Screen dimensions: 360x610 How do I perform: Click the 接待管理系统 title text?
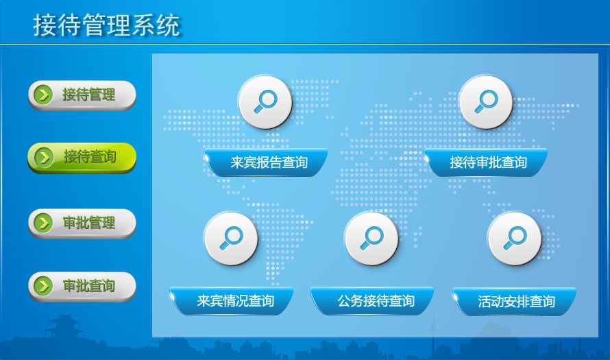pyautogui.click(x=106, y=25)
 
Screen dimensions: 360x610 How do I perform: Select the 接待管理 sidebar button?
pyautogui.click(x=82, y=95)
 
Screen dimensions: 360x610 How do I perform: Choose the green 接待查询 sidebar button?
pyautogui.click(x=82, y=158)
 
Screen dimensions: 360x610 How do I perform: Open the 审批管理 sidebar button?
pyautogui.click(x=82, y=224)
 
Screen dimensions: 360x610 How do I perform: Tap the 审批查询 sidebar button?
pyautogui.click(x=82, y=287)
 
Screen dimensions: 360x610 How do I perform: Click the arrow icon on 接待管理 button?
pyautogui.click(x=44, y=95)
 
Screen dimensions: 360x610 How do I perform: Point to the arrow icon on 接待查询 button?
pyautogui.click(x=44, y=158)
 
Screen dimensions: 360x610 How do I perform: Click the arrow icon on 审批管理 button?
pyautogui.click(x=44, y=224)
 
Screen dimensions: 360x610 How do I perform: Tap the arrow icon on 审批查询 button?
pyautogui.click(x=44, y=287)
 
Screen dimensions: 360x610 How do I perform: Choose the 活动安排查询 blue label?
pyautogui.click(x=515, y=301)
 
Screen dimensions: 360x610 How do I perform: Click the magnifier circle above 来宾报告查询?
pyautogui.click(x=265, y=102)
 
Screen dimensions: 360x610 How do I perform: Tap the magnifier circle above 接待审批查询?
pyautogui.click(x=486, y=102)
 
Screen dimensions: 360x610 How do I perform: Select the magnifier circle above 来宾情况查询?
pyautogui.click(x=231, y=239)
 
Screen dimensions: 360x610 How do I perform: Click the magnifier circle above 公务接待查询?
pyautogui.click(x=371, y=239)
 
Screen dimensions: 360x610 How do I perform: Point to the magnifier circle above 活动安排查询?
pyautogui.click(x=514, y=239)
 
